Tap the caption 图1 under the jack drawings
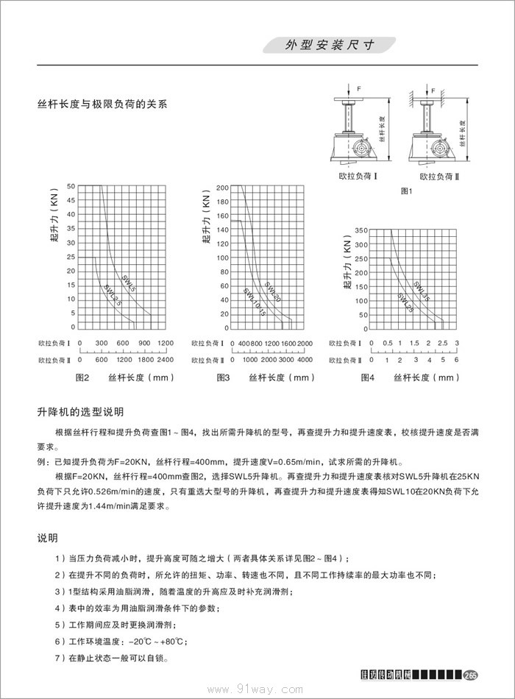point(406,191)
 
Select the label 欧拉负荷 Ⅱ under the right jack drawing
point(439,177)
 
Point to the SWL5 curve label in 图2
point(129,282)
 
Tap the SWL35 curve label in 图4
point(421,291)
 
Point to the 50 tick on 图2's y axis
point(71,186)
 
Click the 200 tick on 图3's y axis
point(223,187)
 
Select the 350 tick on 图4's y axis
point(360,230)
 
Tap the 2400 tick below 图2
point(166,361)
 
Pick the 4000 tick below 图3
point(305,361)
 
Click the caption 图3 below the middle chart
point(224,377)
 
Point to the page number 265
point(472,676)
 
